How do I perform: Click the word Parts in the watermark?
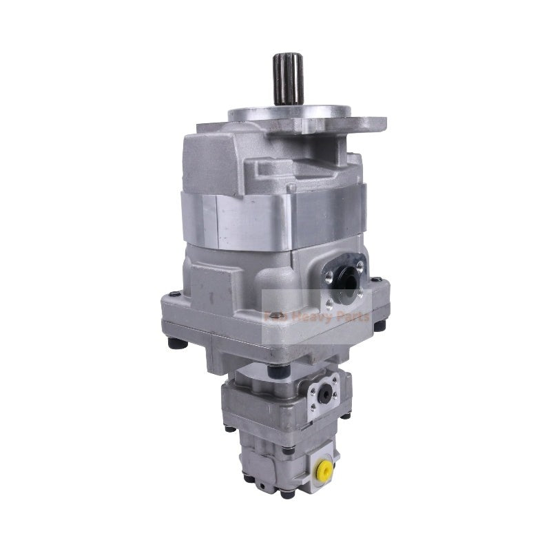pyautogui.click(x=351, y=318)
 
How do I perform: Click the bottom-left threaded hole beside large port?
pyautogui.click(x=330, y=302)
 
